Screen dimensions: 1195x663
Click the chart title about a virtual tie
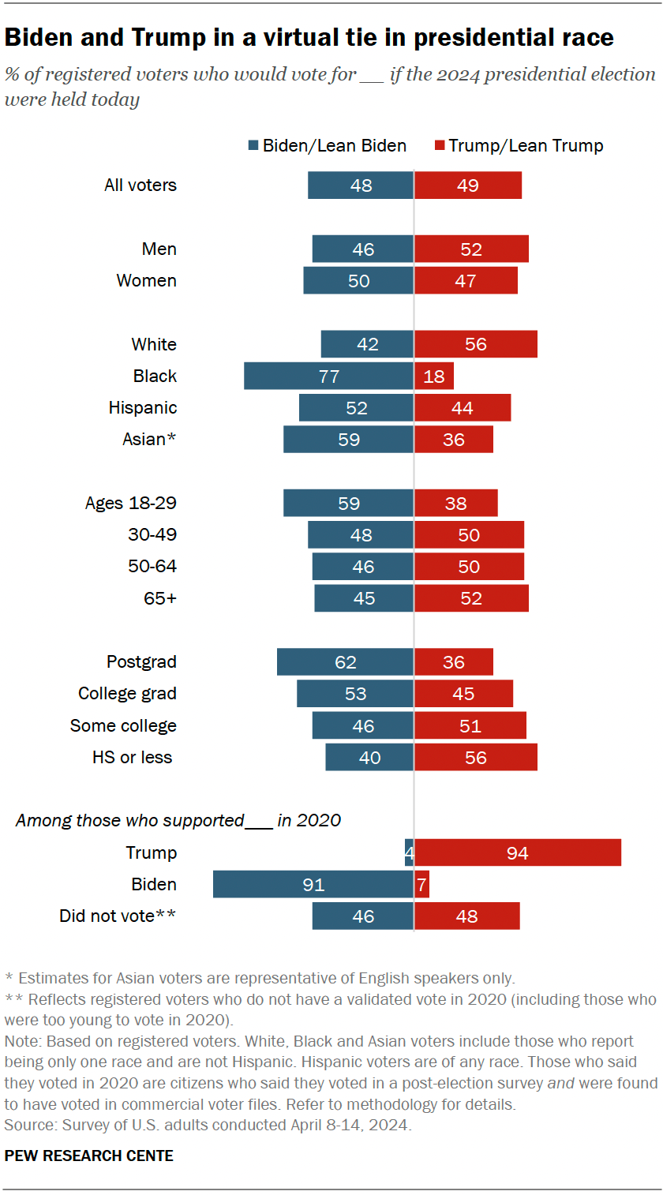point(309,37)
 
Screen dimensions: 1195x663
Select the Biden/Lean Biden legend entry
point(327,145)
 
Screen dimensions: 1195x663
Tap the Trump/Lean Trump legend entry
point(519,145)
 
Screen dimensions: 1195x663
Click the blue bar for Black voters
point(328,376)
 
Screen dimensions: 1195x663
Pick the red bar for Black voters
point(434,376)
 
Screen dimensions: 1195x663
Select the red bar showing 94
point(518,853)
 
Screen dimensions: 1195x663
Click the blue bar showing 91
point(313,885)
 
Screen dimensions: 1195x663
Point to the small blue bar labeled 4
point(409,853)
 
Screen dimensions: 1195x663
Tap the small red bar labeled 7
point(421,885)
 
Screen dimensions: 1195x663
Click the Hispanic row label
point(143,408)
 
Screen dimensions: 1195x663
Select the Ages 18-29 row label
point(131,504)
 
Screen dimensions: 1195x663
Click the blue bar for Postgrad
point(345,662)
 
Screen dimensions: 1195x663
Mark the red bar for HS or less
point(476,758)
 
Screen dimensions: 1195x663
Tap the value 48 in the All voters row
point(361,186)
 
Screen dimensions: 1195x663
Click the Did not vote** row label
point(118,916)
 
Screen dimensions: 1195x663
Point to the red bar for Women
point(466,281)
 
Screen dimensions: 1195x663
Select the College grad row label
point(127,694)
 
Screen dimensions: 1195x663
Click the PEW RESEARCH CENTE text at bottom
point(89,1156)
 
